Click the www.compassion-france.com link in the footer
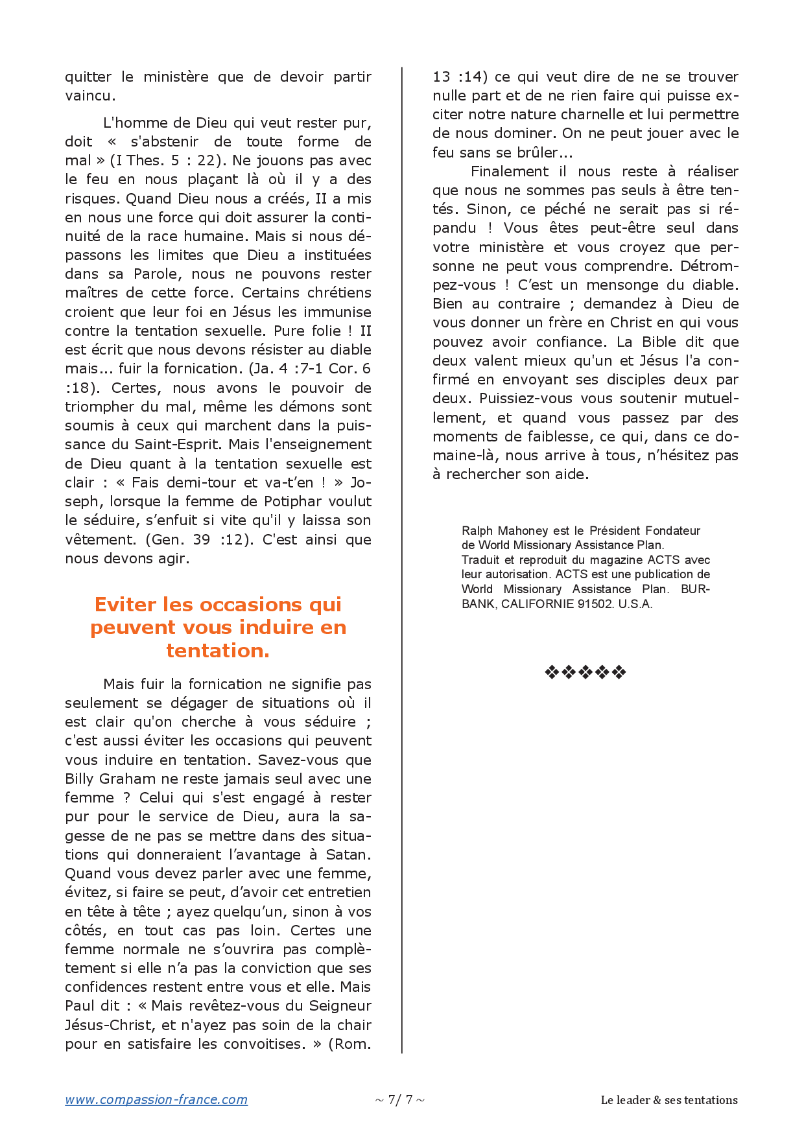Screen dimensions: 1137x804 pyautogui.click(x=156, y=1099)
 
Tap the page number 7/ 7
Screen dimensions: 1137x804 pyautogui.click(x=400, y=1099)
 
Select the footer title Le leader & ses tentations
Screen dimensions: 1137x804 pyautogui.click(x=669, y=1100)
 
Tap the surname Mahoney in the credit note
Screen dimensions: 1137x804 pyautogui.click(x=523, y=531)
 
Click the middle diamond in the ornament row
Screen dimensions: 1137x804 pyautogui.click(x=585, y=672)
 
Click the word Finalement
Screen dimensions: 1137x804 pyautogui.click(x=509, y=172)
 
